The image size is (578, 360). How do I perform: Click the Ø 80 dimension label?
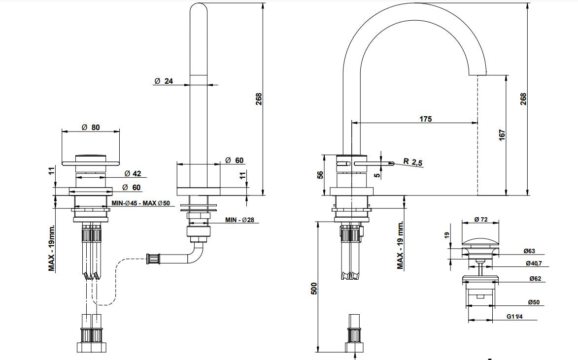point(90,128)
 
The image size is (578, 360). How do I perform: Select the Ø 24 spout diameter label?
point(164,81)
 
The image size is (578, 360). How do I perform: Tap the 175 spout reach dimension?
point(425,119)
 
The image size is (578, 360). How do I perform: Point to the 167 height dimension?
point(502,135)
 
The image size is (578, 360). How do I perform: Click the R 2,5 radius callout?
point(413,162)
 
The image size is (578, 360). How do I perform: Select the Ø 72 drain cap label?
point(481,220)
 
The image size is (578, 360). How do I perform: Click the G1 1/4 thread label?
point(514,316)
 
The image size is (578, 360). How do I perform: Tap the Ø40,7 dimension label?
point(533,263)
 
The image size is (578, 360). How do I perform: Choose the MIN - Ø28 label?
point(239,220)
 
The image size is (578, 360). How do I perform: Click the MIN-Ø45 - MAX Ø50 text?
point(141,203)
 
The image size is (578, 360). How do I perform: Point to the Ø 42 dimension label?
point(133,173)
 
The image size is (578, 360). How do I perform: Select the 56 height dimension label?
point(320,175)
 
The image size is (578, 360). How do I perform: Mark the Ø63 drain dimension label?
point(529,251)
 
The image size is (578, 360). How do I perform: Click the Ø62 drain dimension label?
point(535,279)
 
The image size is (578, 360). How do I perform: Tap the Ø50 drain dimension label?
point(533,302)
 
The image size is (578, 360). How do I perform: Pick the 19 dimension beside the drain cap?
point(447,235)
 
